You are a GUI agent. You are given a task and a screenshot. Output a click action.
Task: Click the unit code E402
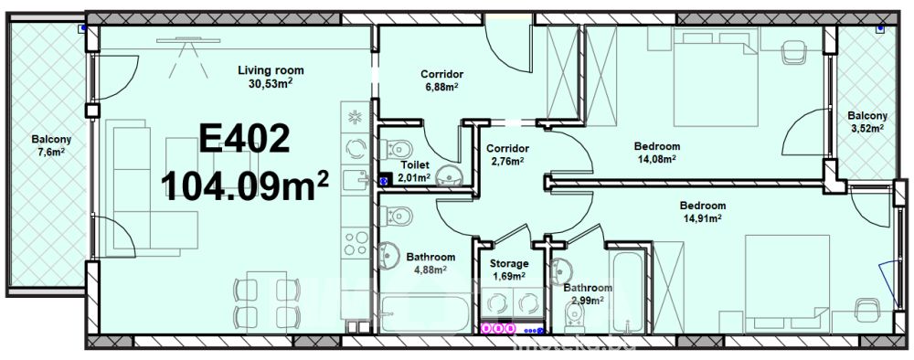point(244,139)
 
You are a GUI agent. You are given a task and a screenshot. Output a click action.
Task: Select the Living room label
point(271,70)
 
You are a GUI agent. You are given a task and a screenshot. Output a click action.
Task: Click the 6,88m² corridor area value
point(441,86)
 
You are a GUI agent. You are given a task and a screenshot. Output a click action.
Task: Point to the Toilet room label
point(415,165)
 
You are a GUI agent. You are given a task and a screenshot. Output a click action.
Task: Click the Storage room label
point(509,263)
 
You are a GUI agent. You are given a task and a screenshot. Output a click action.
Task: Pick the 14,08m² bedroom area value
point(657,158)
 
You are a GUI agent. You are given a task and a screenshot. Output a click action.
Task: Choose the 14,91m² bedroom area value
point(703,217)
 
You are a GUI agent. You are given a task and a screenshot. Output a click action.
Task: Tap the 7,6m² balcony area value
point(50,151)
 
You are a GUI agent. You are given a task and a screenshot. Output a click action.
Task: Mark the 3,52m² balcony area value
point(867,128)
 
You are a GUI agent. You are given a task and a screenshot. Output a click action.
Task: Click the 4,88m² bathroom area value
point(430,269)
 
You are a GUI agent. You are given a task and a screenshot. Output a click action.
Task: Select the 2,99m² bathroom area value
point(588,300)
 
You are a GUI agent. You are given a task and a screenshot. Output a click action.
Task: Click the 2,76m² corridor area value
point(507,160)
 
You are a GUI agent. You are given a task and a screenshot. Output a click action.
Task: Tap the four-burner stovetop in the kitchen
point(355,243)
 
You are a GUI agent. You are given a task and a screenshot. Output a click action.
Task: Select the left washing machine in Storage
point(496,303)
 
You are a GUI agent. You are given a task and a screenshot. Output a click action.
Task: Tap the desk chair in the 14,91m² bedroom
point(868,311)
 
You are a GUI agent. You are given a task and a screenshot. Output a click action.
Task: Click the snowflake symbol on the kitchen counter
point(354,117)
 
